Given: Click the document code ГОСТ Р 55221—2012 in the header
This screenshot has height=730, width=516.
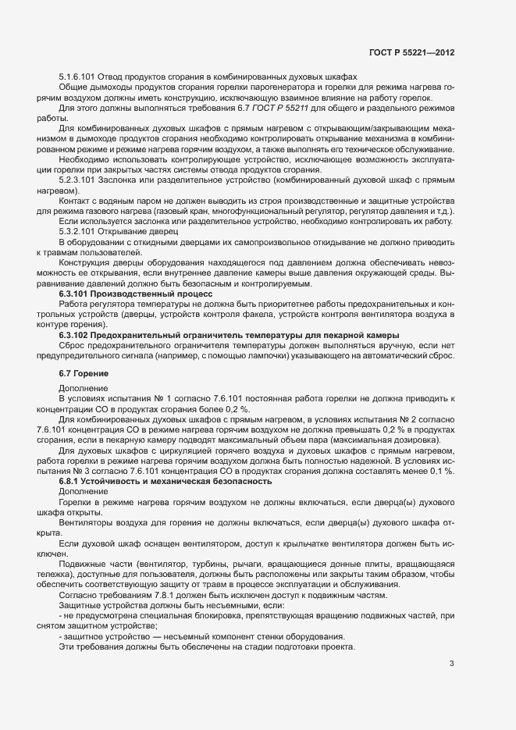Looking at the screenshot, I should click(x=411, y=53).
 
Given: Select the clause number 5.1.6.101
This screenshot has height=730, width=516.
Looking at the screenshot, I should click(x=77, y=77).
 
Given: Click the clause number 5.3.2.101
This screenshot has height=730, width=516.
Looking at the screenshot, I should click(x=77, y=232).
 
